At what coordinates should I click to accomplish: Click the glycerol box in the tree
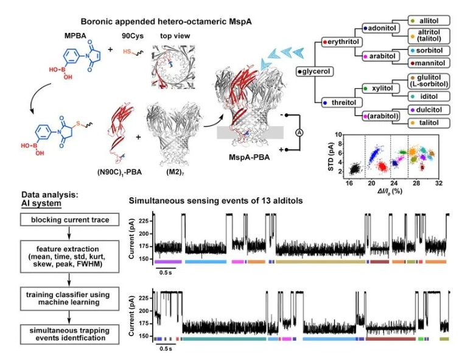pos(315,71)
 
